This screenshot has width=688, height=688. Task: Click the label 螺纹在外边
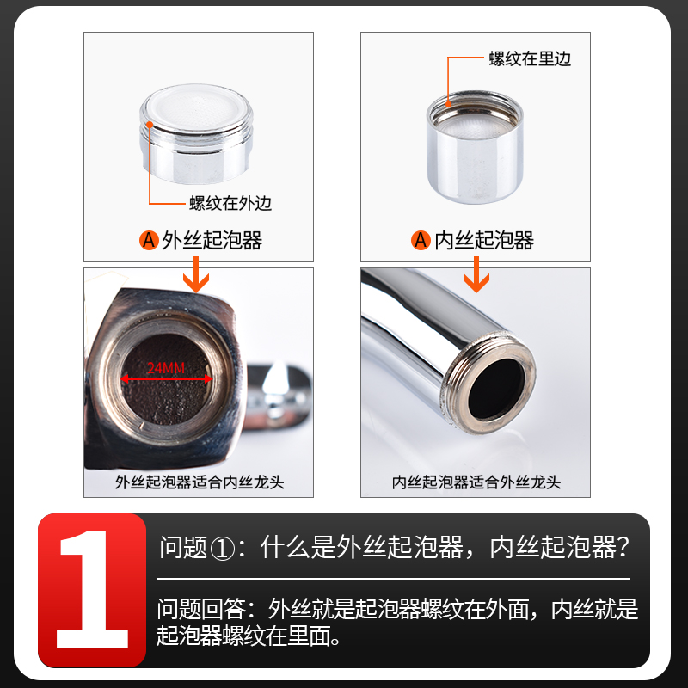click(230, 204)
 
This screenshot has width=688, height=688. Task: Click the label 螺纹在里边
click(529, 58)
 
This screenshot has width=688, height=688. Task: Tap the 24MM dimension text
click(166, 369)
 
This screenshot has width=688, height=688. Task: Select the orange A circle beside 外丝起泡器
click(149, 240)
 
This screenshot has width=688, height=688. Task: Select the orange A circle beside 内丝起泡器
click(421, 240)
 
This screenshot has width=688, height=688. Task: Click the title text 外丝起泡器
click(212, 240)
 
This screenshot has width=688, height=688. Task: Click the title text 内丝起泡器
click(484, 240)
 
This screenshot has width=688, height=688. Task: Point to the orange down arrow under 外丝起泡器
click(200, 279)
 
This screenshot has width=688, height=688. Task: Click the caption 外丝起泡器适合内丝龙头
click(200, 482)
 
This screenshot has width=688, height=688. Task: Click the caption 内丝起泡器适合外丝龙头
click(476, 482)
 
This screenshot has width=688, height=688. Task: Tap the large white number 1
click(91, 590)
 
